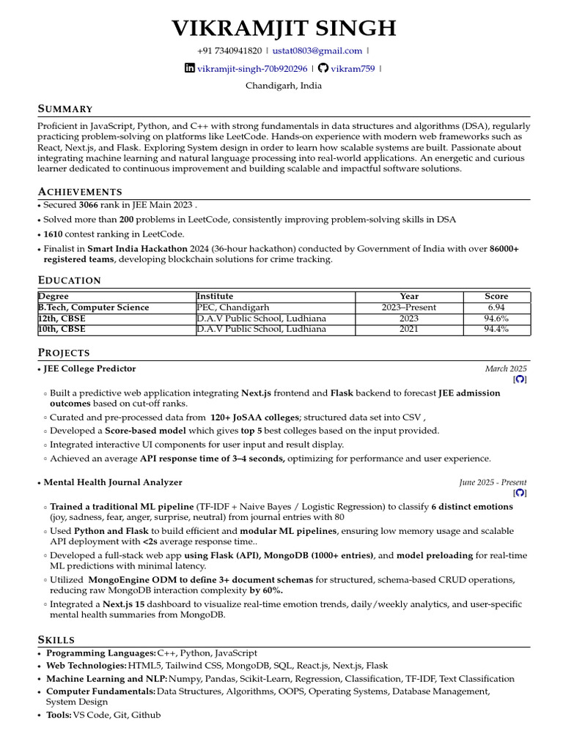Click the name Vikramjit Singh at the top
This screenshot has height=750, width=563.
coord(283,29)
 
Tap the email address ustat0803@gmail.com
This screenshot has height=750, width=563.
coord(317,51)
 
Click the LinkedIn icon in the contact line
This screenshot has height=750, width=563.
coord(190,68)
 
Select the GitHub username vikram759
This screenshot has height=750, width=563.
coord(353,69)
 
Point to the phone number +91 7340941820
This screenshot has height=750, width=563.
coord(229,51)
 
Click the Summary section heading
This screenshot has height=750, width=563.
coord(65,109)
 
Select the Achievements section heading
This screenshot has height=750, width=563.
coord(80,192)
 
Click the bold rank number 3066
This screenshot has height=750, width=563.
coord(88,205)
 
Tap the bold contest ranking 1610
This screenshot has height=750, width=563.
coord(54,234)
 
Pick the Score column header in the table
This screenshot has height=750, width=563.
coord(496,297)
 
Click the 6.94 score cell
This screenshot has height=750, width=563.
coord(496,308)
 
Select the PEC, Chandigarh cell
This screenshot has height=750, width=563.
coord(233,308)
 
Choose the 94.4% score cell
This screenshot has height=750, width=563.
coord(496,330)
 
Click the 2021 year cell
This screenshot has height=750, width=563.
coord(409,330)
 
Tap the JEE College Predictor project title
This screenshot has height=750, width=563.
coord(89,369)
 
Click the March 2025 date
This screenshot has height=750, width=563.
coord(505,369)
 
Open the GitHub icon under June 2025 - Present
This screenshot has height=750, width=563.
coord(520,494)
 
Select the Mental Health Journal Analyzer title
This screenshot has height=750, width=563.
coord(113,483)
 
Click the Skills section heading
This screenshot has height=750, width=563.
coord(56,640)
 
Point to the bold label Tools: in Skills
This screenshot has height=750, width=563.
coord(59,715)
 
